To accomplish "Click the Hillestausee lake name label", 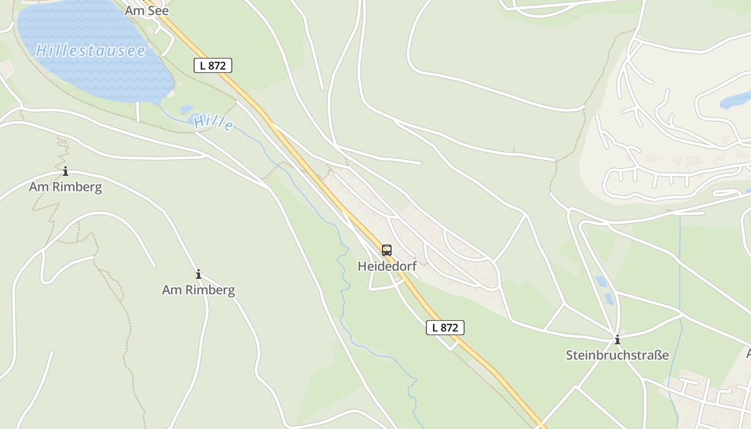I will coord(91,51).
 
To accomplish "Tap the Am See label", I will coord(147,11).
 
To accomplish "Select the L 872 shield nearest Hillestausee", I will coord(212,65).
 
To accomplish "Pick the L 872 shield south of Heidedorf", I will coord(445,328).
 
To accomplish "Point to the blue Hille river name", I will coord(213,122).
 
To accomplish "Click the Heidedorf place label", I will coord(387,267).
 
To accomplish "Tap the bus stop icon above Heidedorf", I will coord(387,250).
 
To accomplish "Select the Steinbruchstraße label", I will coord(617,355).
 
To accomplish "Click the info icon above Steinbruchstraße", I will coord(617,339).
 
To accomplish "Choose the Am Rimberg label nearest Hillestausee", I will coord(65,187).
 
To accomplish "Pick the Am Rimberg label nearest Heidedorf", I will coord(198,290).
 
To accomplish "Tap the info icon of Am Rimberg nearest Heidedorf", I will coord(198,275).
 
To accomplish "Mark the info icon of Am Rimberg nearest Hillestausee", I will coord(65,172).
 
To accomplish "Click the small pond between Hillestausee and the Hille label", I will coord(186,109).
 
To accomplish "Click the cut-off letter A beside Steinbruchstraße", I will coord(748,353).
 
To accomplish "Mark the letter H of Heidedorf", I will coord(363,267).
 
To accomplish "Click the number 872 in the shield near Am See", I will coord(217,65).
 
